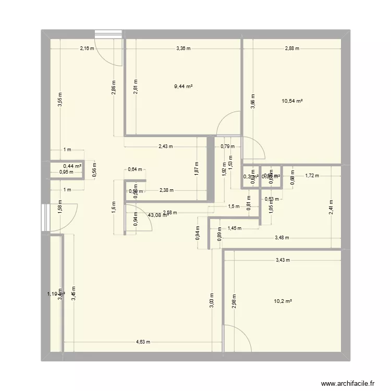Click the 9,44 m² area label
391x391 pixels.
coord(183,88)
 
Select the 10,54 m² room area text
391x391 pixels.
coord(292,101)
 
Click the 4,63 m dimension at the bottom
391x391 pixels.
coord(143,343)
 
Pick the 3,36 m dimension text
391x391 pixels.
coord(183,48)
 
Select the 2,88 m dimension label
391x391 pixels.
coord(292,48)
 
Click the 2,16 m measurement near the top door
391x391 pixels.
coord(87,48)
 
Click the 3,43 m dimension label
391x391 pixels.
coord(283,260)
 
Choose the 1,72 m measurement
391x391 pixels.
coord(312,176)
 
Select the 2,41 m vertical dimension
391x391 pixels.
coord(332,208)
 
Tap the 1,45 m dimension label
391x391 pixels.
coord(235,228)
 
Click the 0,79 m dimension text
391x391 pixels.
coord(227,146)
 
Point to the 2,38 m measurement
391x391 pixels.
coord(167,190)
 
